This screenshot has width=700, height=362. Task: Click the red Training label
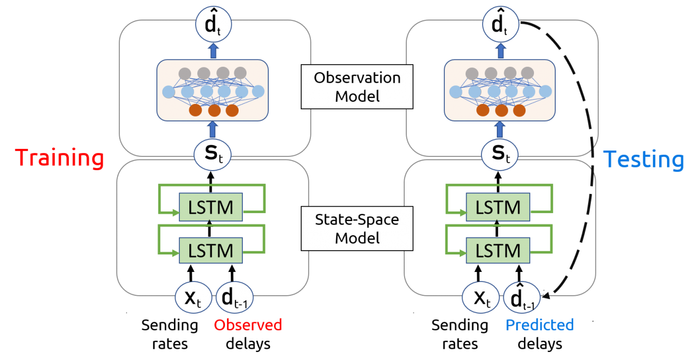pyautogui.click(x=59, y=158)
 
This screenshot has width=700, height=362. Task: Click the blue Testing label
pyautogui.click(x=644, y=160)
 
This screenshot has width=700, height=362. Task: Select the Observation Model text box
pyautogui.click(x=357, y=87)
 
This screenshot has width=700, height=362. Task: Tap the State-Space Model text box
pyautogui.click(x=357, y=229)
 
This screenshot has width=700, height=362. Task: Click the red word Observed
pyautogui.click(x=248, y=325)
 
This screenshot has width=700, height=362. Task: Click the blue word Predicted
pyautogui.click(x=539, y=325)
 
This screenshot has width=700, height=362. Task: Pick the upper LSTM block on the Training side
pyautogui.click(x=211, y=207)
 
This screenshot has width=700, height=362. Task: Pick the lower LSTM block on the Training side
pyautogui.click(x=211, y=250)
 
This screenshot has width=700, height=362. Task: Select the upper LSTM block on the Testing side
pyautogui.click(x=497, y=207)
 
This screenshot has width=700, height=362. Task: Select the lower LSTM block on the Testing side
pyautogui.click(x=497, y=250)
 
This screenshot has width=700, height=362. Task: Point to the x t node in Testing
pyautogui.click(x=480, y=298)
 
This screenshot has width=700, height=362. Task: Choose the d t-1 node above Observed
pyautogui.click(x=234, y=298)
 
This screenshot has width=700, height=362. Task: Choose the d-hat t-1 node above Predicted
pyautogui.click(x=521, y=298)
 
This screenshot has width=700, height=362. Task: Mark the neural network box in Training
pyautogui.click(x=213, y=90)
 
